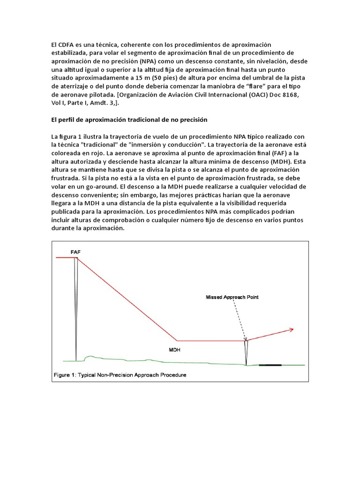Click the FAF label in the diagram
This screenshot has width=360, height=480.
75,252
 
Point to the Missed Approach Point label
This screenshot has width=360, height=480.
232,297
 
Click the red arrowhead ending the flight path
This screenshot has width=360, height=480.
292,330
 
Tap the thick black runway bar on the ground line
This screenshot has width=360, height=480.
270,365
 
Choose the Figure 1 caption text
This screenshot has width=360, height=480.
120,375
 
